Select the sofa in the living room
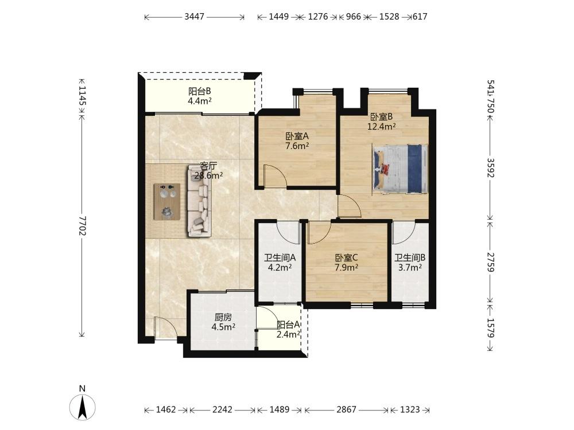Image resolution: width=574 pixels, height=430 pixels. click(200, 201)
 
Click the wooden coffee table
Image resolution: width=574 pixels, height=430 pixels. click(167, 201)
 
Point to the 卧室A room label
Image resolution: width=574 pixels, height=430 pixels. click(297, 136)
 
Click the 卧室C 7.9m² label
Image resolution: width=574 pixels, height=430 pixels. click(346, 263)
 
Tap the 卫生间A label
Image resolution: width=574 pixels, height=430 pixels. click(280, 258)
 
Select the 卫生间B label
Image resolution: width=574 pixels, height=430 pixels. click(410, 258)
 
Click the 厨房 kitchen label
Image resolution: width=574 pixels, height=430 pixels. click(223, 317)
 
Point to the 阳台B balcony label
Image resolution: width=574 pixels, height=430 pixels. click(200, 91)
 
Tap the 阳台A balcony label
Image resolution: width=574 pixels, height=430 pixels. click(289, 325)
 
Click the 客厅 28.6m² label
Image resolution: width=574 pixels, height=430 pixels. click(209, 171)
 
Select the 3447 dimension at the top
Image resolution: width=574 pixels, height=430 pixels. click(195, 17)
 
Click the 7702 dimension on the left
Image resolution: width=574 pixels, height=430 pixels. click(82, 225)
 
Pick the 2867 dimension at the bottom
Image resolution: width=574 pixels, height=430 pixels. click(346, 409)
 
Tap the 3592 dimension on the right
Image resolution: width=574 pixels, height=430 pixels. click(491, 167)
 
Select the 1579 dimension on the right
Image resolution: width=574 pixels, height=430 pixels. click(491, 328)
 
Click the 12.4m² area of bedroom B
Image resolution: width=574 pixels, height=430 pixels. click(382, 127)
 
